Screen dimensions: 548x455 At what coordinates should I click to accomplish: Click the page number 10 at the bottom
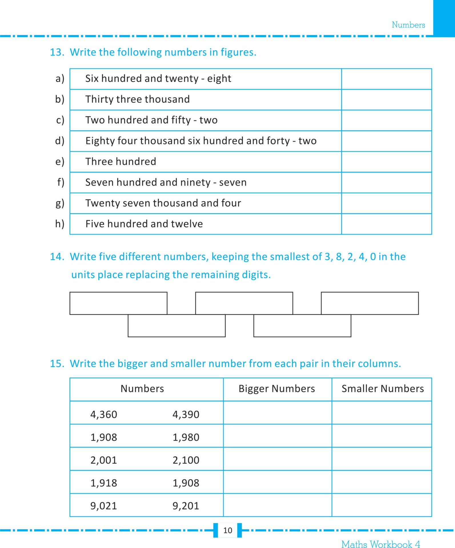coord(227,530)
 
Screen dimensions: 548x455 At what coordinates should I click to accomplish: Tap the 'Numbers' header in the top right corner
coord(408,25)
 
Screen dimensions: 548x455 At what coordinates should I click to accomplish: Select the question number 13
coord(57,52)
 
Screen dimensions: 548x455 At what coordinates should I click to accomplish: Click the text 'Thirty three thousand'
coord(137,99)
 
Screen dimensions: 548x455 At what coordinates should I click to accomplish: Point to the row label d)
coord(60,141)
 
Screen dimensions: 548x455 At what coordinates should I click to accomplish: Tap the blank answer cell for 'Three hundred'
coord(386,162)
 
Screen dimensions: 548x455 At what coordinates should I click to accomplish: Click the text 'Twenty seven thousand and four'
coord(163,203)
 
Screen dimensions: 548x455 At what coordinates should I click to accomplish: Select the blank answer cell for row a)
coord(386,79)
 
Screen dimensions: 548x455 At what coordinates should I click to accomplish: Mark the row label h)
coord(60,224)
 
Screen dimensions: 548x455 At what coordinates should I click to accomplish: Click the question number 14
coord(57,257)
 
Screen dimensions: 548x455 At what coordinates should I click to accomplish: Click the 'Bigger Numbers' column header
coord(276,389)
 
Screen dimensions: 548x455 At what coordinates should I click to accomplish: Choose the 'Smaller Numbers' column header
coord(382,389)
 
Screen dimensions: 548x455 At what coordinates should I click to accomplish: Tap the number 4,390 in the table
coord(186,414)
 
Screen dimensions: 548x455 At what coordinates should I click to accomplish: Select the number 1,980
coord(186,437)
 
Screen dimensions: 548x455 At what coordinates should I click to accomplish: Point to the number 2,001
coord(104,460)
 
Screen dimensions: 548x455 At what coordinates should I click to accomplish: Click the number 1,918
coord(104,483)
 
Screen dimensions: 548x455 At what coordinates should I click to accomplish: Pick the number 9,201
coord(186,506)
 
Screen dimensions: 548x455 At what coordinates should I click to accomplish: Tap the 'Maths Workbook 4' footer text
coord(380,544)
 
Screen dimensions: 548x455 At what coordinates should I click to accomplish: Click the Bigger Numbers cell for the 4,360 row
coord(277,413)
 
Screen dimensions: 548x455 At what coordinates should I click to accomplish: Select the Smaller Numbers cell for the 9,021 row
coord(382,505)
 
